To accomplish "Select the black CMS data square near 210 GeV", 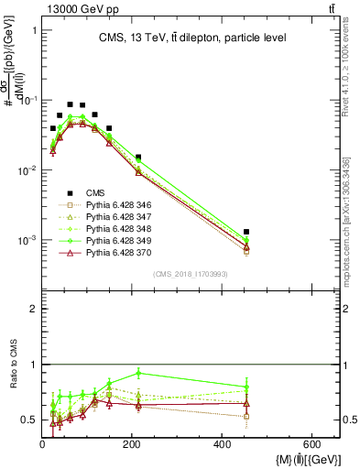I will pos(138,158).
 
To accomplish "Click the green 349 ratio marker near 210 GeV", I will pos(138,373).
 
